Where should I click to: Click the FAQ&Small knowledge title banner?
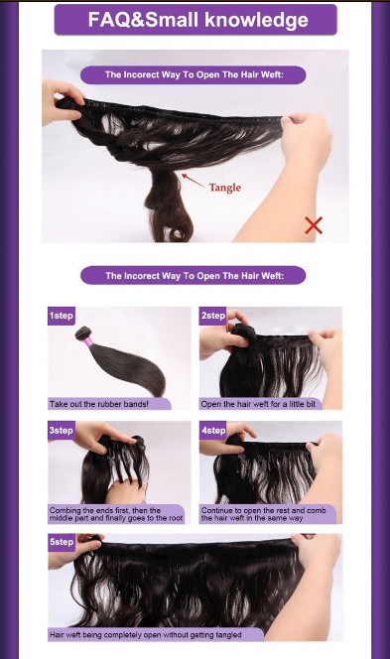pos(195,20)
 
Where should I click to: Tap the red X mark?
pos(314,225)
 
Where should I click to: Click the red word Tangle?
pos(225,188)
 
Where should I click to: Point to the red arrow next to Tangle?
pos(194,181)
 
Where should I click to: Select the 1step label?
pos(61,316)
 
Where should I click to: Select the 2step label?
pos(212,316)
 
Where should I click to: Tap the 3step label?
pos(61,431)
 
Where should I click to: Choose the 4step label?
pos(212,431)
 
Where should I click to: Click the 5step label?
pos(61,542)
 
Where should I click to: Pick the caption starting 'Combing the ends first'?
pos(116,514)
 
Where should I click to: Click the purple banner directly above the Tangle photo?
pos(193,74)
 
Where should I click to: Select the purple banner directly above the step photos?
pos(193,275)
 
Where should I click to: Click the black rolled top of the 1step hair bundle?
pos(82,332)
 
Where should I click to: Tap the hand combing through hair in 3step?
pos(125,489)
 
